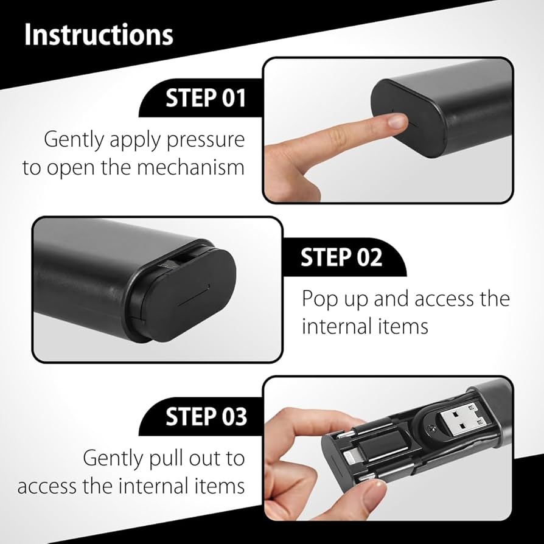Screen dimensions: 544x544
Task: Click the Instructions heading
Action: pos(99,35)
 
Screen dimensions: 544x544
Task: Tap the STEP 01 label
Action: pos(206,98)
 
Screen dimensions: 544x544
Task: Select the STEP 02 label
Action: pos(341,257)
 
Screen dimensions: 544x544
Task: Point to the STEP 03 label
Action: pos(206,416)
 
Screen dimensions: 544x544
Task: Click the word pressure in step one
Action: pos(206,141)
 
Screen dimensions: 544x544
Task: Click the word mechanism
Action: pos(190,167)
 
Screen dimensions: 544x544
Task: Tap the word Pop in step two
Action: pos(319,299)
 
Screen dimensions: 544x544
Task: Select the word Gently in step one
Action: pos(74,140)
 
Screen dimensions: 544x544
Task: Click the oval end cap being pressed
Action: pos(408,117)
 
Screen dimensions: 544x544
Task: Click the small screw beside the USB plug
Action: pos(430,429)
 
